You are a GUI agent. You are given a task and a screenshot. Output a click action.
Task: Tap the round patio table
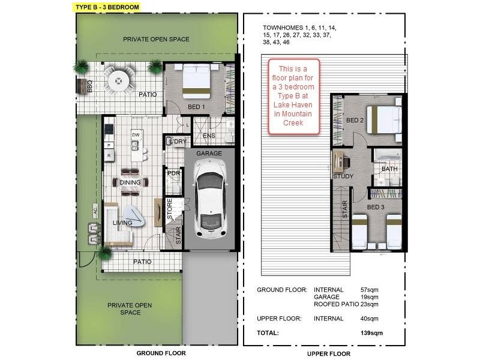118,81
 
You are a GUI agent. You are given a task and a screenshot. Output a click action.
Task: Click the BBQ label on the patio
89,86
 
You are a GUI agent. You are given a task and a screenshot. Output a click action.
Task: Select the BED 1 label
196,107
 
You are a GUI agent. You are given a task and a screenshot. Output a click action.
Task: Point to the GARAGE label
209,153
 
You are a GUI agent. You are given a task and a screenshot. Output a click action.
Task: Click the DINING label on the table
130,182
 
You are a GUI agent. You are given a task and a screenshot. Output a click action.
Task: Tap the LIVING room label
122,223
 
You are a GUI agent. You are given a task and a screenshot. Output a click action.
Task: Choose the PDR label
173,173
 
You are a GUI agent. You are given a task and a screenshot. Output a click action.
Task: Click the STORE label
170,209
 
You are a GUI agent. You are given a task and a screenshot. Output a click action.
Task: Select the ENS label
209,136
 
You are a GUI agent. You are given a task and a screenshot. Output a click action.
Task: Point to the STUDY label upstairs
343,176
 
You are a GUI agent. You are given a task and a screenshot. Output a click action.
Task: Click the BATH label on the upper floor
389,169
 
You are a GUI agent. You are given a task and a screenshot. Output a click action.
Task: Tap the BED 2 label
355,121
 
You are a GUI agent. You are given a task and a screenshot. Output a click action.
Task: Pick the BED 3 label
376,207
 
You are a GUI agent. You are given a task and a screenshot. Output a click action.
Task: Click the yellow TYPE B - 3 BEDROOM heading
107,7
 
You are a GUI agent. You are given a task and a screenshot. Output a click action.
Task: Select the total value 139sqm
371,333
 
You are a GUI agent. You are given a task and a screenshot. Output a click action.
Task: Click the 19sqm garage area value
369,297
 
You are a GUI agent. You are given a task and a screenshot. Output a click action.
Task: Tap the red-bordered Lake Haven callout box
293,96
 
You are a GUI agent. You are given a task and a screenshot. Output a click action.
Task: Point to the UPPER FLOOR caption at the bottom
329,353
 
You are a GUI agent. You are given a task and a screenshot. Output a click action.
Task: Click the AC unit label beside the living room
95,211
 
